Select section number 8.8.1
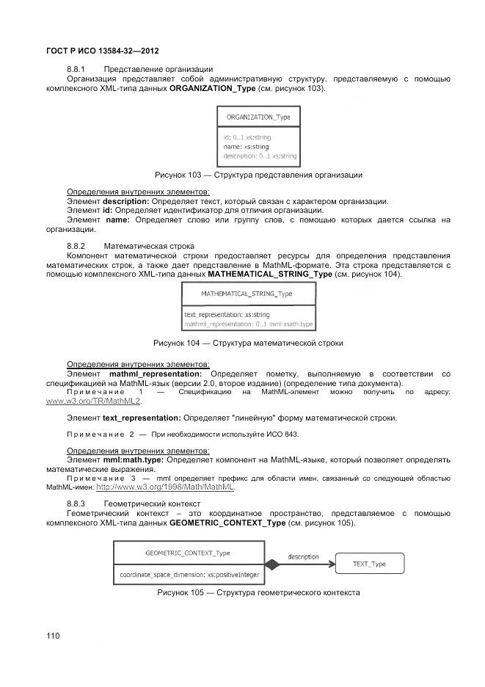coord(77,69)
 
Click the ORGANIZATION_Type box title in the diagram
coord(258,117)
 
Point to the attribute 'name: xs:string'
coord(247,146)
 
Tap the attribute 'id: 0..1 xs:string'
coord(247,137)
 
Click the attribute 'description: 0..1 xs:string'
coord(260,156)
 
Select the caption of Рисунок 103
coord(258,175)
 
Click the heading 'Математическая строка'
coord(149,245)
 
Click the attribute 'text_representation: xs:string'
coord(227,315)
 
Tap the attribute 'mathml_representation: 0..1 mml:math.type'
coord(249,324)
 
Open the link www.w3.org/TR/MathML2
coord(94,401)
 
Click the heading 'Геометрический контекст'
coord(153,504)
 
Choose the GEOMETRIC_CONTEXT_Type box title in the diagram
coord(188,553)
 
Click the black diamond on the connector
coord(273,564)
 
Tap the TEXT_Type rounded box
coord(369,564)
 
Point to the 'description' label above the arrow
coord(302,556)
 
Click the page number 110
coord(53,636)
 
